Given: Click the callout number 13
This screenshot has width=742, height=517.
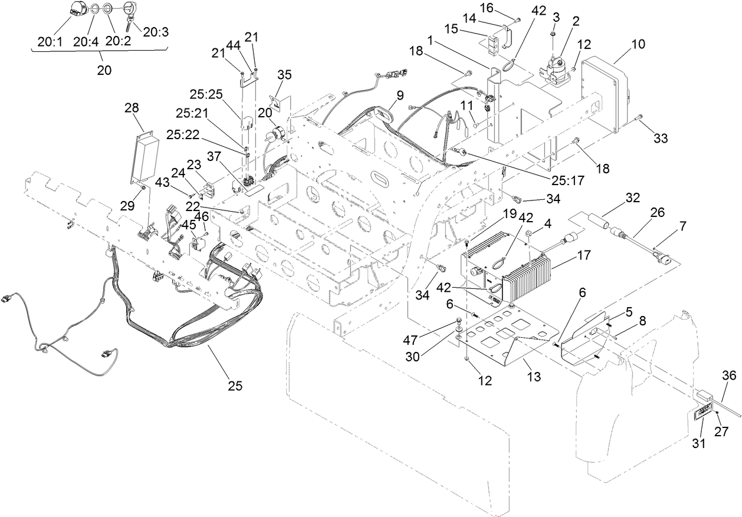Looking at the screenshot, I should [x=534, y=375].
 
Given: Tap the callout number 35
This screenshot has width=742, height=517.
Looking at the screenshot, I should [x=284, y=74].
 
